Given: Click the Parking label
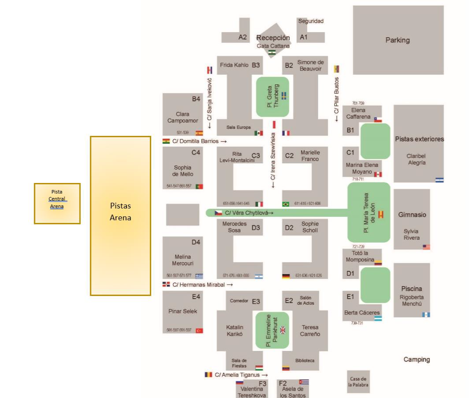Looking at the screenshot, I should (x=397, y=40).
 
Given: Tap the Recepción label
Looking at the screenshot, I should (x=273, y=38).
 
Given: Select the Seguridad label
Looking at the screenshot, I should (x=311, y=21).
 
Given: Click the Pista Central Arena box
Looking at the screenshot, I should (x=57, y=204).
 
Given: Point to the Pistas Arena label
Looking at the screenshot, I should (x=120, y=212).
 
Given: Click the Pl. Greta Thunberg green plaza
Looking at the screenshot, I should (x=273, y=97).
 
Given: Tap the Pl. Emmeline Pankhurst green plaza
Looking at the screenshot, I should (x=273, y=330).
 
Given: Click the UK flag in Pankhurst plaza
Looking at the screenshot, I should (x=283, y=330).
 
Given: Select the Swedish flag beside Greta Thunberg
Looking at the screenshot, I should (x=284, y=95).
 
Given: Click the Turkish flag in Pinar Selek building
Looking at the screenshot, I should (x=199, y=331).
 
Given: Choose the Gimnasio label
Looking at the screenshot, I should (x=412, y=215).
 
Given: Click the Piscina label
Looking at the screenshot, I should (x=411, y=288).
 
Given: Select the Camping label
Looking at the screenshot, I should (x=417, y=359).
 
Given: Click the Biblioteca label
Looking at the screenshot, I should (x=305, y=361).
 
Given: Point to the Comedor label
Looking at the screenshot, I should (x=239, y=301).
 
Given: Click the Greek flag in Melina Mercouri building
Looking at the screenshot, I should (x=199, y=276).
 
